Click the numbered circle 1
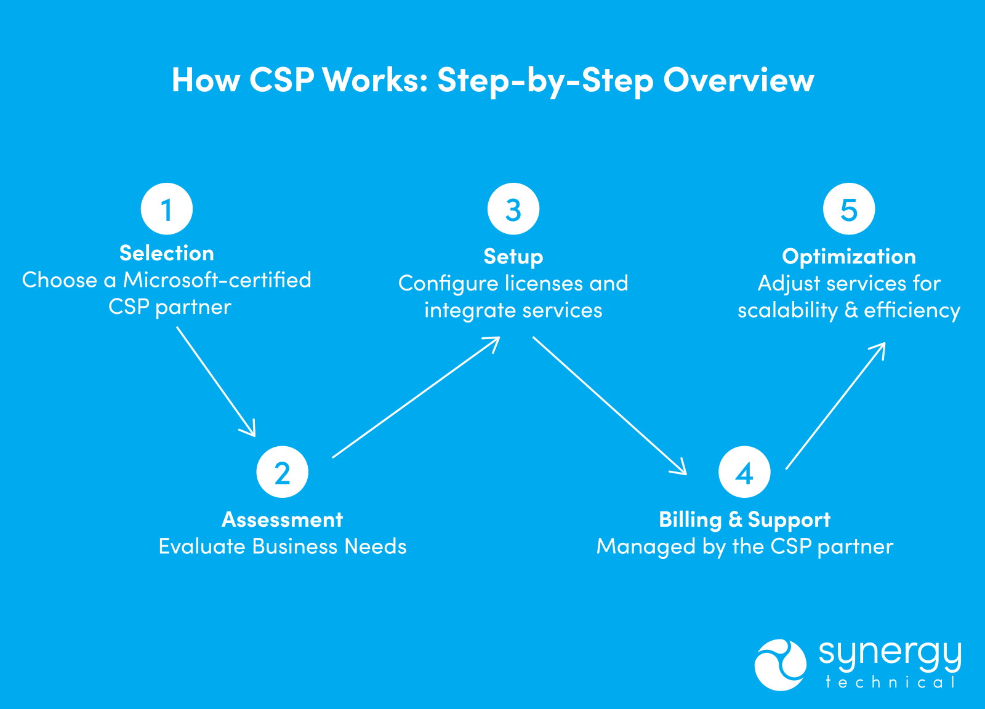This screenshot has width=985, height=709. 167,209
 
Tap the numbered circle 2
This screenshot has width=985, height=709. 282,472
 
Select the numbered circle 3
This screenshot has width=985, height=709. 513,209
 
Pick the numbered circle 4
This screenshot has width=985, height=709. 744,472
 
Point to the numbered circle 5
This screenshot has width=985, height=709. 849,209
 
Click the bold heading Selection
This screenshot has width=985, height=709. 167,253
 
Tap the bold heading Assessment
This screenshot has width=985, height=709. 282,519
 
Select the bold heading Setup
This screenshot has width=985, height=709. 513,256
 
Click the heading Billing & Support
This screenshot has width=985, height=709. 744,519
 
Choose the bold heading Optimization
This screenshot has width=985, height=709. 849,256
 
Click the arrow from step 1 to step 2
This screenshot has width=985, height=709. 215,381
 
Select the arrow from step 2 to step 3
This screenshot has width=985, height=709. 416,398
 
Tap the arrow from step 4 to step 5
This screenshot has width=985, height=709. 835,406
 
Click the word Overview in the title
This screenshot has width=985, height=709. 738,80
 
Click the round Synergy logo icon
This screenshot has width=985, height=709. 780,665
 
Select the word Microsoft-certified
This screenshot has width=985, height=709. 217,280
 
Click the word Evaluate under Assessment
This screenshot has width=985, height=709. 203,547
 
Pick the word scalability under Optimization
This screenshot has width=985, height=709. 787,310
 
